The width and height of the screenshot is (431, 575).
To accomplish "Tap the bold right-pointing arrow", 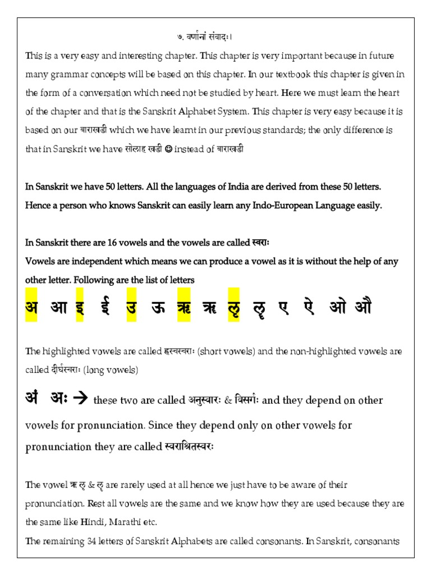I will [81, 399].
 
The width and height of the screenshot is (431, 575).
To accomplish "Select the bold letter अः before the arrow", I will [59, 399].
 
